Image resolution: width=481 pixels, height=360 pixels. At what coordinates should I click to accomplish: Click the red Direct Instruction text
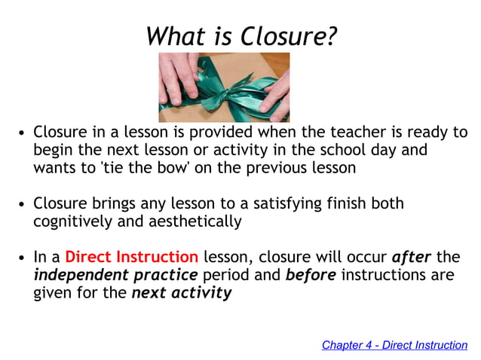pos(131,257)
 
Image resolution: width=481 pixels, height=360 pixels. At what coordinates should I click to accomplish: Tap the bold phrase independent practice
pos(115,275)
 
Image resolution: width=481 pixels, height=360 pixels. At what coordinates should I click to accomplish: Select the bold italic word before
pos(311,275)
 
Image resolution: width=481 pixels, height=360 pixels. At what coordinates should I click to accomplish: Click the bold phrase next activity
pos(181,293)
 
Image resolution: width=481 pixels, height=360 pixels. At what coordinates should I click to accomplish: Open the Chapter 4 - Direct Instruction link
pos(394,345)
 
